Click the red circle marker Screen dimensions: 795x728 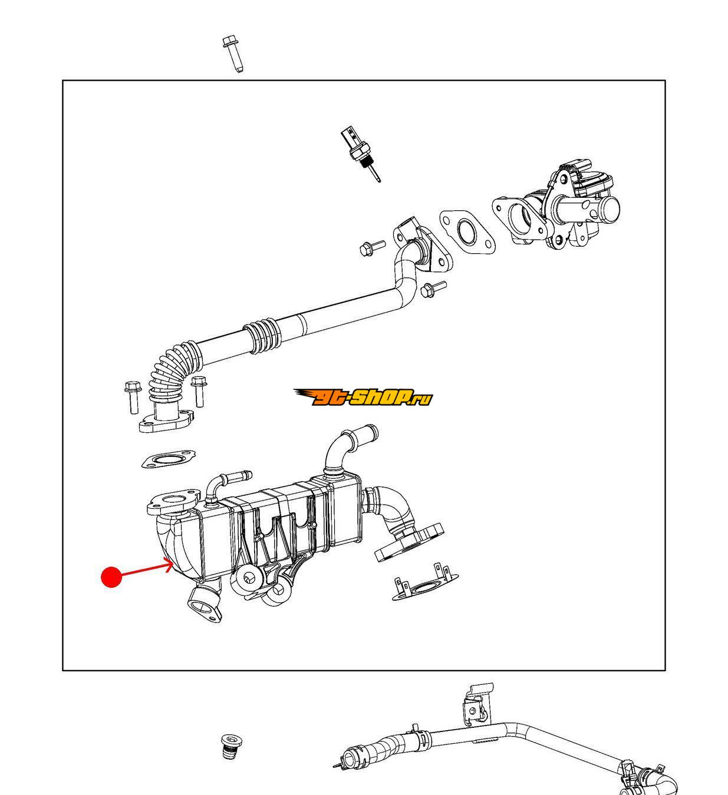111,577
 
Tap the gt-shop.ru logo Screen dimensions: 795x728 363,397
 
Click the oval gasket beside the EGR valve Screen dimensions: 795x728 466,232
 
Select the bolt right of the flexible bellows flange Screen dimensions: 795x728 198,391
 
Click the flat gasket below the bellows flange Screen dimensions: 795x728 169,458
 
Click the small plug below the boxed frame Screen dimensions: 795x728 230,746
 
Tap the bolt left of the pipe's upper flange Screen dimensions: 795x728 372,248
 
